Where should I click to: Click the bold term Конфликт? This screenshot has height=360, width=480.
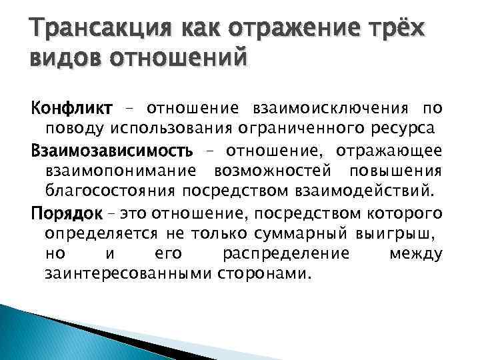click(x=72, y=107)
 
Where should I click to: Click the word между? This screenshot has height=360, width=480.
click(x=415, y=253)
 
